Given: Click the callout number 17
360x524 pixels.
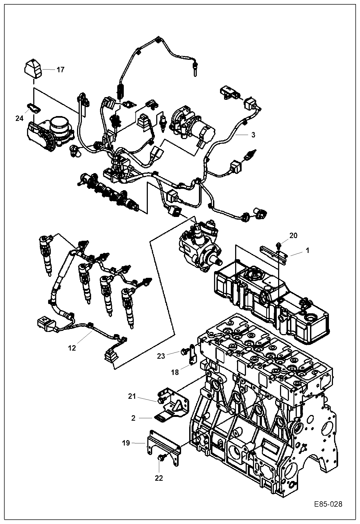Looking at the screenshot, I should (x=61, y=70).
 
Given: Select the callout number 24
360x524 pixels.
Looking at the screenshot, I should (x=19, y=118).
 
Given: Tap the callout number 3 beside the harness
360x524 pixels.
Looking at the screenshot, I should (x=253, y=135).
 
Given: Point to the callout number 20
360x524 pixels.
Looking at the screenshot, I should (x=293, y=236).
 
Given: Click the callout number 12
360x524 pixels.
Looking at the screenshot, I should (x=72, y=348).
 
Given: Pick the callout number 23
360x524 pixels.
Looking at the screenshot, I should (x=161, y=356).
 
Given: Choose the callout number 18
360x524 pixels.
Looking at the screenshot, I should (x=175, y=372).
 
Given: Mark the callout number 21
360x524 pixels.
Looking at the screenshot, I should (x=132, y=397).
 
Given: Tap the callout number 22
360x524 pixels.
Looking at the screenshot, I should (x=159, y=478).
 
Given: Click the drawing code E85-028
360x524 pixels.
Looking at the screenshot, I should (x=328, y=505).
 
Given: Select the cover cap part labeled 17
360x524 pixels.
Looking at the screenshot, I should (x=32, y=69).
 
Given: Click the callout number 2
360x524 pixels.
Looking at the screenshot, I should (x=133, y=418).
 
